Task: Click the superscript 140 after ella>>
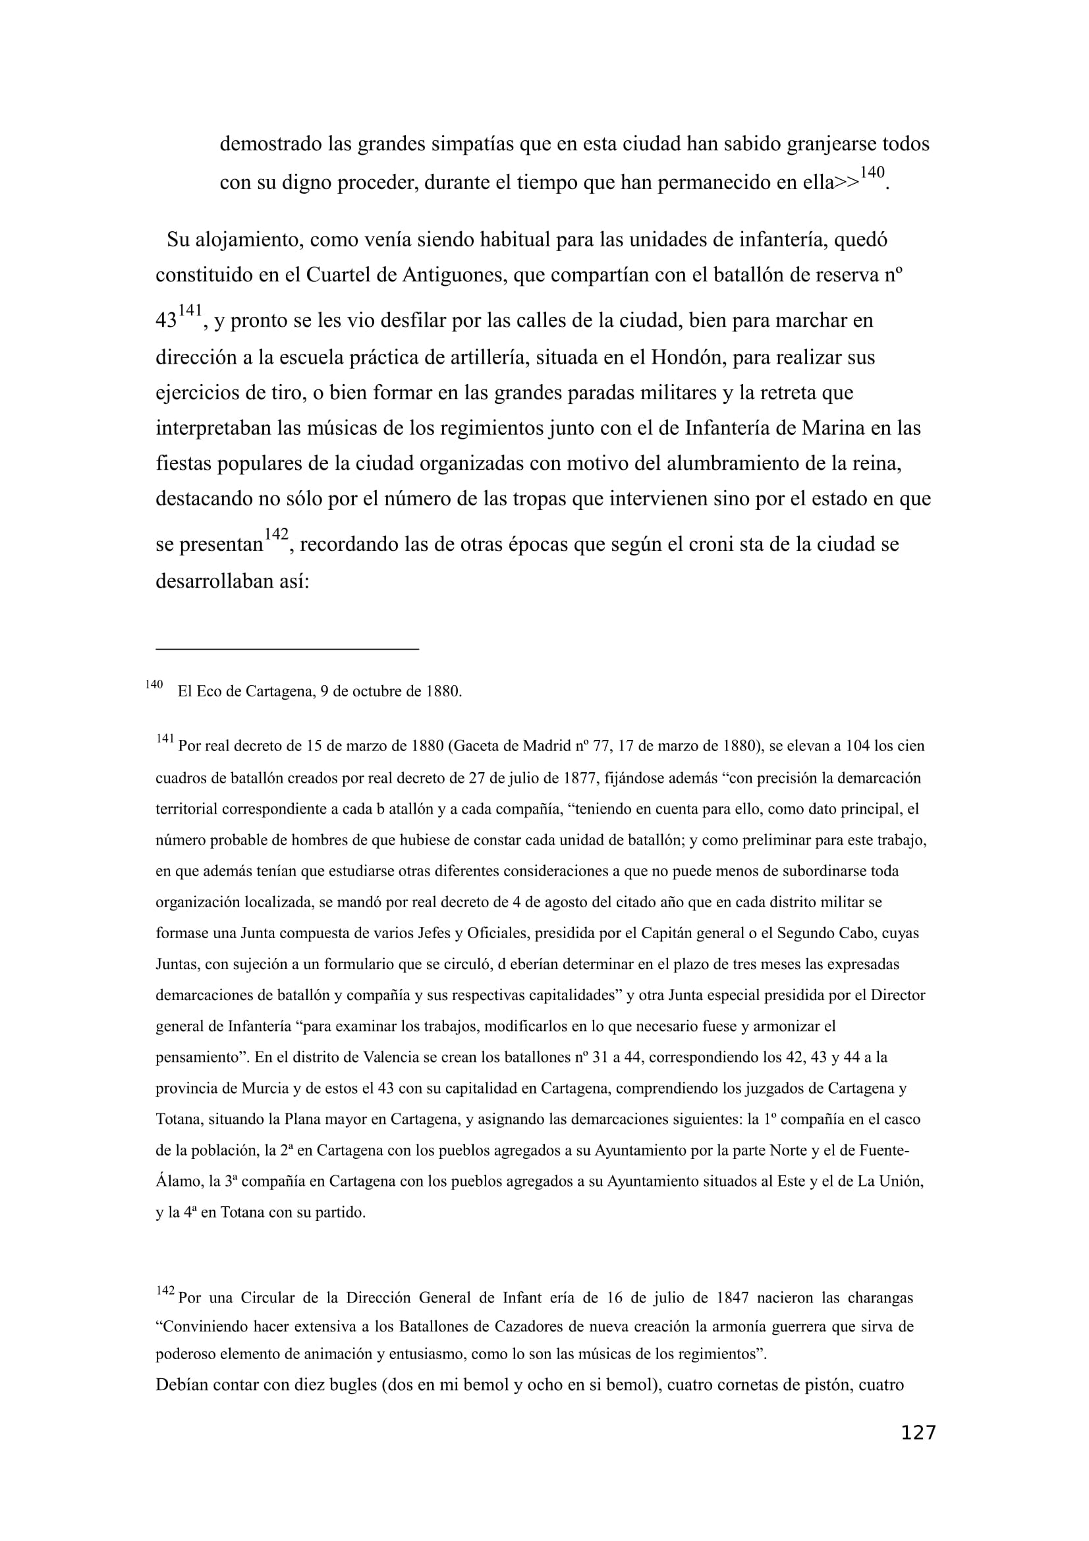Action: (x=872, y=173)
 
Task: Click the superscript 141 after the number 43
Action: (x=190, y=310)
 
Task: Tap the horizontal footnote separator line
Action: (x=287, y=649)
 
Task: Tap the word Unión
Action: (x=901, y=1181)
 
